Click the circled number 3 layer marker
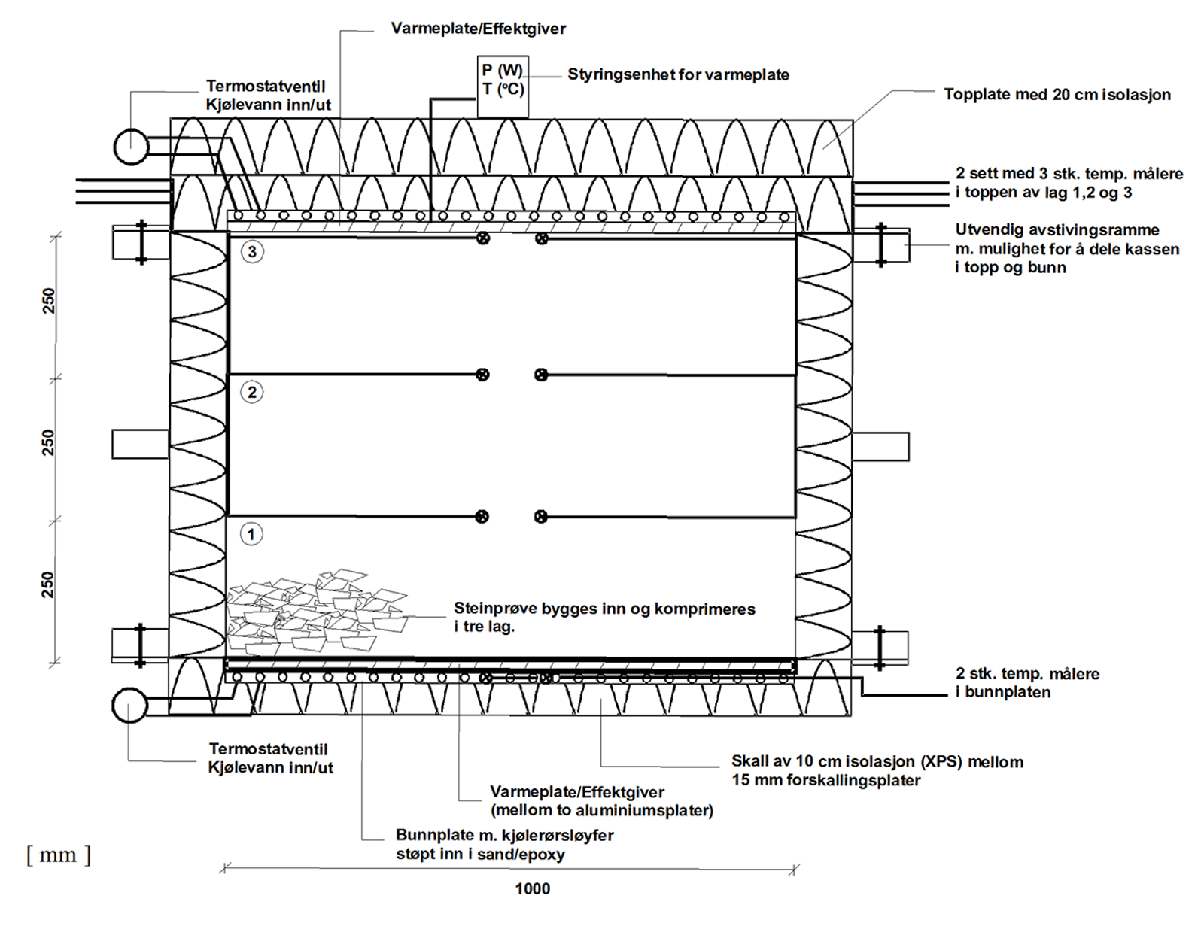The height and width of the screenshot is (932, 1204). (x=252, y=251)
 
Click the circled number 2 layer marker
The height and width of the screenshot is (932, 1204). (x=252, y=392)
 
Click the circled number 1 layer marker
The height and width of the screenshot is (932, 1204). (x=251, y=535)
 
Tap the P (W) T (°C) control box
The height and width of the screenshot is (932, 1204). (x=503, y=86)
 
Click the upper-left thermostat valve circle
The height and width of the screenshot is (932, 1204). (x=131, y=147)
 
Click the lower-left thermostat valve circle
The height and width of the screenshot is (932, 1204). (x=129, y=706)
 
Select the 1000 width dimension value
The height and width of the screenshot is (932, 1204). (x=532, y=888)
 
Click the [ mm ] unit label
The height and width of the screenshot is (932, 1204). (x=58, y=855)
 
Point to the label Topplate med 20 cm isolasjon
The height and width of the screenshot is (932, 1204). (x=1057, y=95)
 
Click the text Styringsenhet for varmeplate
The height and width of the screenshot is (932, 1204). (x=678, y=74)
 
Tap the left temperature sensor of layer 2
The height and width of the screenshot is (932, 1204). (x=482, y=375)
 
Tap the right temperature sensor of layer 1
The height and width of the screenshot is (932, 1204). (x=540, y=517)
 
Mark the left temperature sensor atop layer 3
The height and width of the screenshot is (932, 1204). (x=483, y=238)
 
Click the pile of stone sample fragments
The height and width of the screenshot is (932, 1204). (x=316, y=613)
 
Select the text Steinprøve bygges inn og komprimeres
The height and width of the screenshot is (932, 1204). (x=604, y=609)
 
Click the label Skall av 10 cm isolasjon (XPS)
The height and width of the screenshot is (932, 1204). (x=877, y=761)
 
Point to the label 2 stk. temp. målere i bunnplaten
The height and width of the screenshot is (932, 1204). (x=1027, y=682)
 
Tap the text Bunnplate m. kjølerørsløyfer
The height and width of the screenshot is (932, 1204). (x=504, y=835)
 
